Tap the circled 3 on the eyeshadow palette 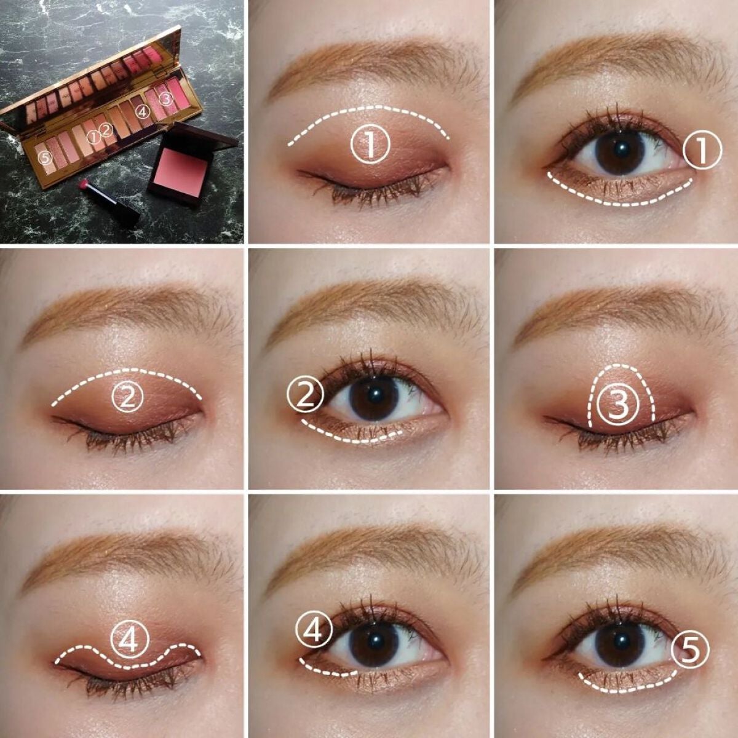[x=165, y=98]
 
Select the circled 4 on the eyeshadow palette [x=142, y=111]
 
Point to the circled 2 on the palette [x=106, y=130]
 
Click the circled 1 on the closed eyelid [x=370, y=145]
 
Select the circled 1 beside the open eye [x=702, y=151]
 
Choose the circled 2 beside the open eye [x=306, y=397]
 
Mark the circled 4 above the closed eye [x=129, y=640]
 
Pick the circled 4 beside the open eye [x=314, y=630]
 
